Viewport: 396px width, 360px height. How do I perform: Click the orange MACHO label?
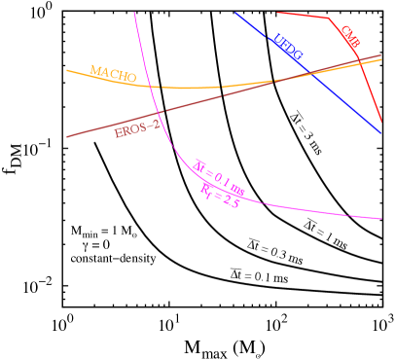pos(113,74)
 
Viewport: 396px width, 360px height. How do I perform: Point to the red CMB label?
pos(350,38)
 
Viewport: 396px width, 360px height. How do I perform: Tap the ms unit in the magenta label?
pos(236,185)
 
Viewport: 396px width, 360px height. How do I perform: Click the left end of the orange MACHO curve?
pos(66,70)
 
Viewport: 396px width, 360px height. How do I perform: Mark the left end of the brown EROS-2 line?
pos(66,137)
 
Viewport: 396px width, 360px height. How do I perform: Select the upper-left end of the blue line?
pos(235,13)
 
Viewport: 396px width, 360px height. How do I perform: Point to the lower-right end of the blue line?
pos(380,133)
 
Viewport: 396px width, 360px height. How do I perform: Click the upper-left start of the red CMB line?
pos(277,13)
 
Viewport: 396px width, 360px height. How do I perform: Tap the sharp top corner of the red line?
pos(331,18)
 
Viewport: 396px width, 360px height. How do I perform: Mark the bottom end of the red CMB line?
pos(381,123)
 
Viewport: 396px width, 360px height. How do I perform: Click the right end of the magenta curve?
pos(381,218)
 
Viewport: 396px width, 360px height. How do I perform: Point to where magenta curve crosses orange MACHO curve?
pos(152,87)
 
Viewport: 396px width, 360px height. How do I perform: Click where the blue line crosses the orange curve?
pos(309,74)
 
